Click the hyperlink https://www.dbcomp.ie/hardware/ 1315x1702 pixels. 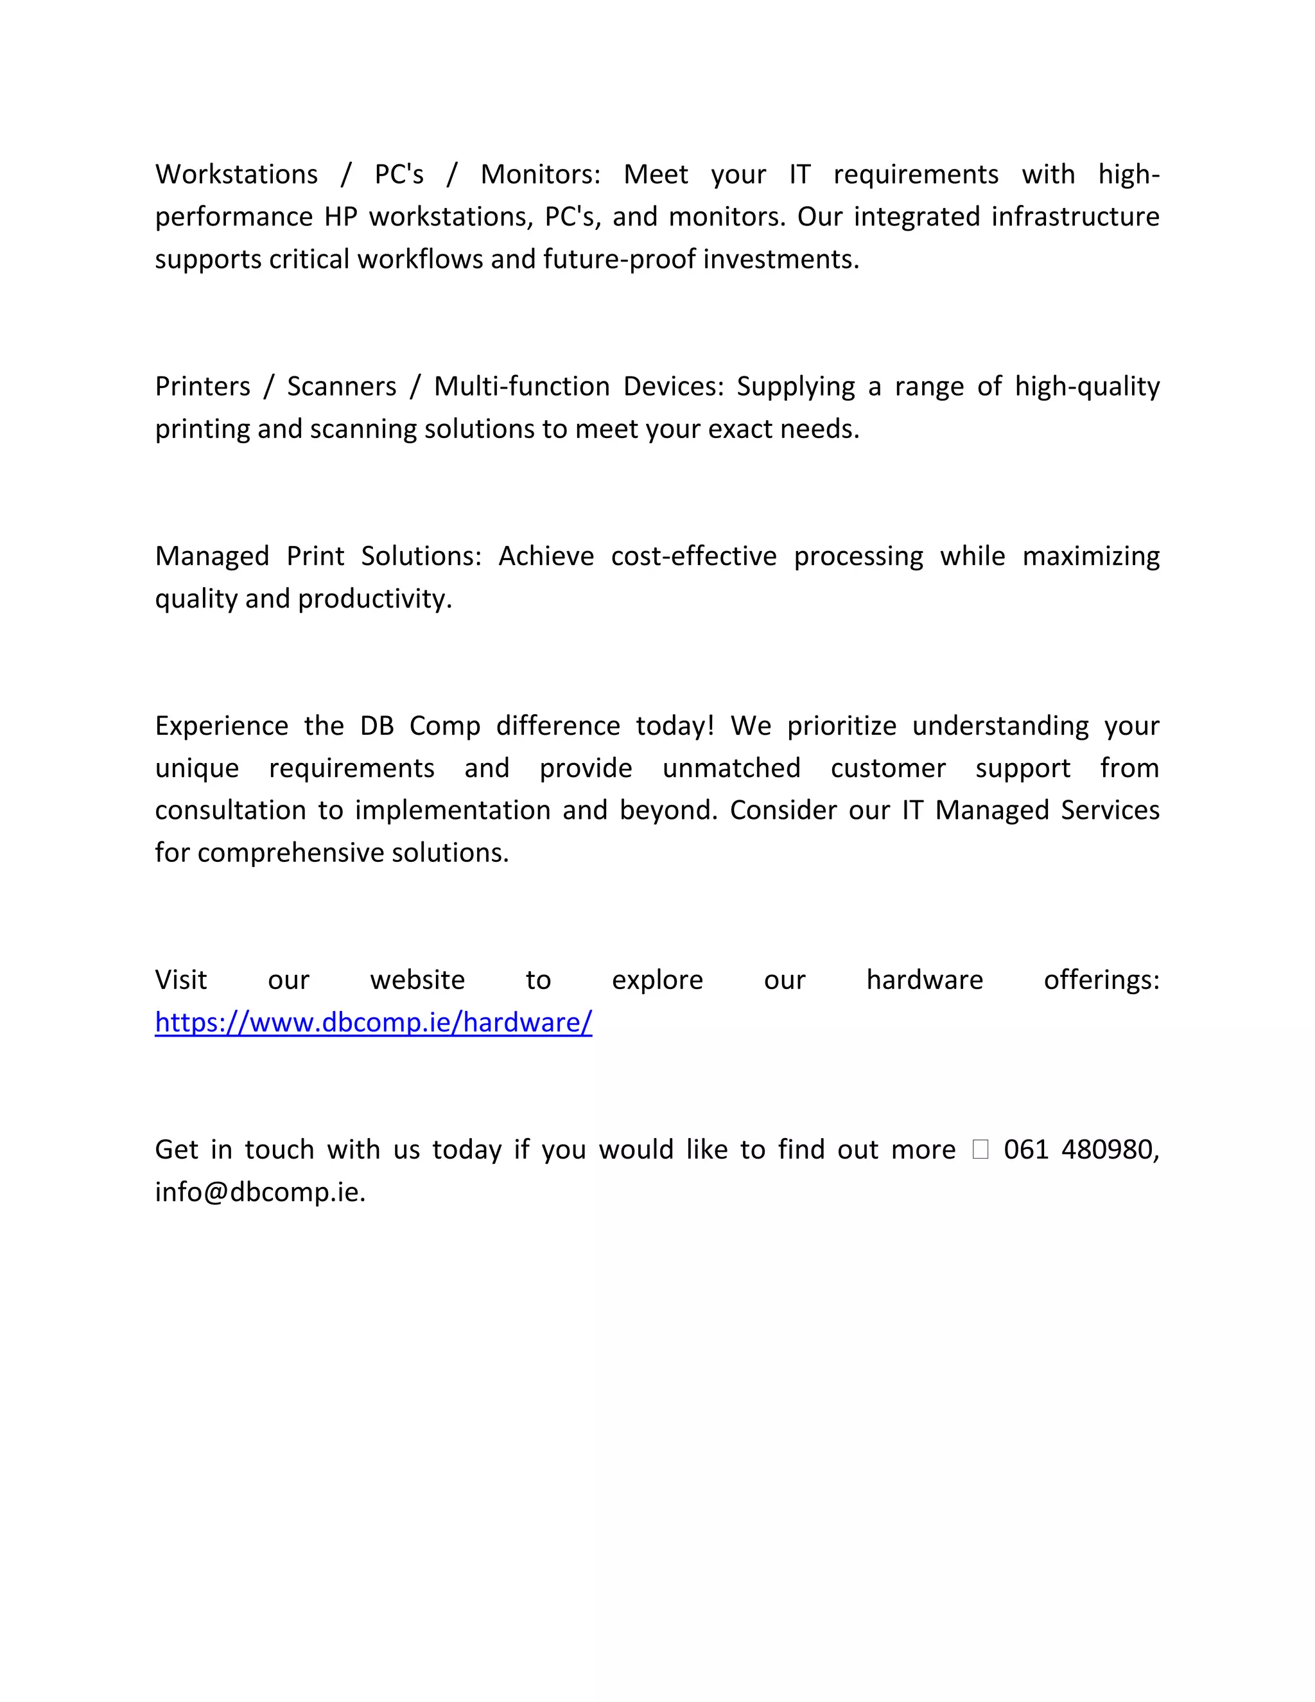(373, 1022)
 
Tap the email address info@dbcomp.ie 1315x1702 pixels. (259, 1191)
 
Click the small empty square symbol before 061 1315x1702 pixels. (980, 1150)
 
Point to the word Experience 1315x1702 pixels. (222, 726)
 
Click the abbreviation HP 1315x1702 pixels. (340, 216)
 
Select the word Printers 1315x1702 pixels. (202, 387)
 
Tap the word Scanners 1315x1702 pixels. (342, 387)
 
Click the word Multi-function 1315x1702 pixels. (521, 387)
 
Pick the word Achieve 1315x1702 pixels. (546, 556)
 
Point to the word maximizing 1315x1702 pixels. (1091, 556)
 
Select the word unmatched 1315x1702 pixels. (731, 768)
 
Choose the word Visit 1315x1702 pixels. (180, 979)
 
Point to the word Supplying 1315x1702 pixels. (796, 387)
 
